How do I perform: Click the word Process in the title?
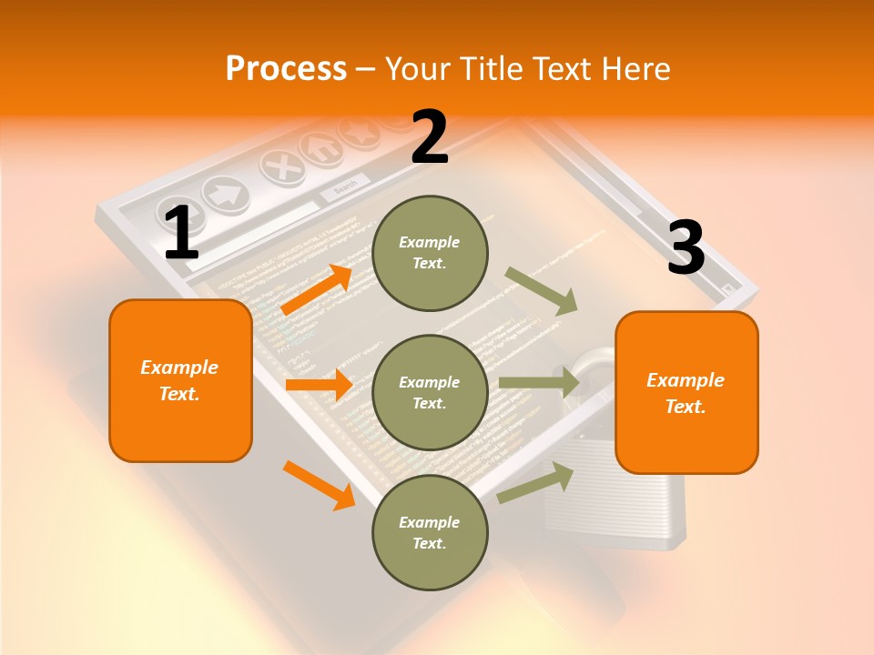[x=286, y=68]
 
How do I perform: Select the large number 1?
[x=181, y=234]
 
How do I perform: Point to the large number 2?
[x=430, y=137]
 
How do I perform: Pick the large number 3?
[x=686, y=248]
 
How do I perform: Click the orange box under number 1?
[x=180, y=380]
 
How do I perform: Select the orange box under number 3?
[x=686, y=393]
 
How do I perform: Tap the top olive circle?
[x=430, y=253]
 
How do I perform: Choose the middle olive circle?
[x=430, y=392]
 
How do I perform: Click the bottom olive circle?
[x=430, y=532]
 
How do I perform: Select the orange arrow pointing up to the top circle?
[x=317, y=289]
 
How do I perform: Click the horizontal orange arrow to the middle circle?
[x=319, y=386]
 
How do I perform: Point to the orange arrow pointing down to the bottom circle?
[x=319, y=483]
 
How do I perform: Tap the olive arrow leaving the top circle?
[x=542, y=290]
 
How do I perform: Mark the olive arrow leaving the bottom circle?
[x=535, y=482]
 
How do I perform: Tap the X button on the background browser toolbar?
[x=284, y=167]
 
